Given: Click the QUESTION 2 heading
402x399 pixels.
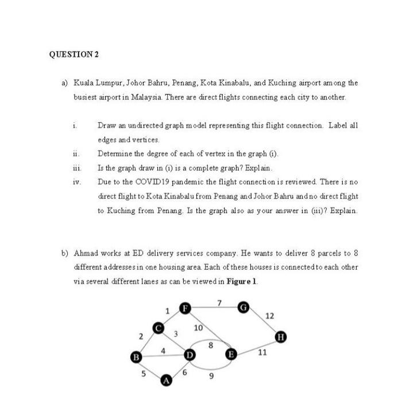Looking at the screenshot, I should (74, 55).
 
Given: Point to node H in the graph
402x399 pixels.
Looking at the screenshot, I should (280, 336).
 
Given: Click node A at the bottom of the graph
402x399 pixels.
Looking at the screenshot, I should (167, 380).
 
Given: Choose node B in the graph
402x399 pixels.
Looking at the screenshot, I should (137, 357).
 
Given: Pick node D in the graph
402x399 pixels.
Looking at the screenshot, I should (189, 356).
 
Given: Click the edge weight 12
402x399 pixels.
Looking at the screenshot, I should (270, 316).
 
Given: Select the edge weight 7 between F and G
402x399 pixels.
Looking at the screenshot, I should (219, 303).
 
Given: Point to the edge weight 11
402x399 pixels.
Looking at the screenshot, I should (262, 352).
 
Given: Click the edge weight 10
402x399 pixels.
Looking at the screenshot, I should (198, 327).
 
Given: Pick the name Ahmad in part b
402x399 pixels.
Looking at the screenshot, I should (86, 253).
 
